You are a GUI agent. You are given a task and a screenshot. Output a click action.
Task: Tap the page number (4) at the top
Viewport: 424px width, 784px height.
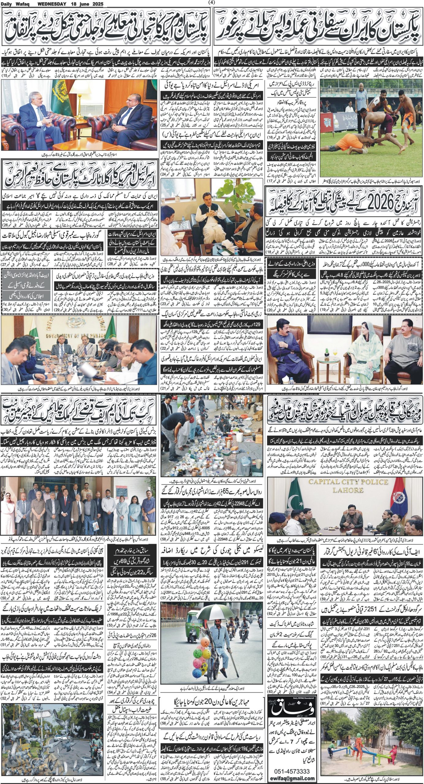[x=212, y=3]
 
